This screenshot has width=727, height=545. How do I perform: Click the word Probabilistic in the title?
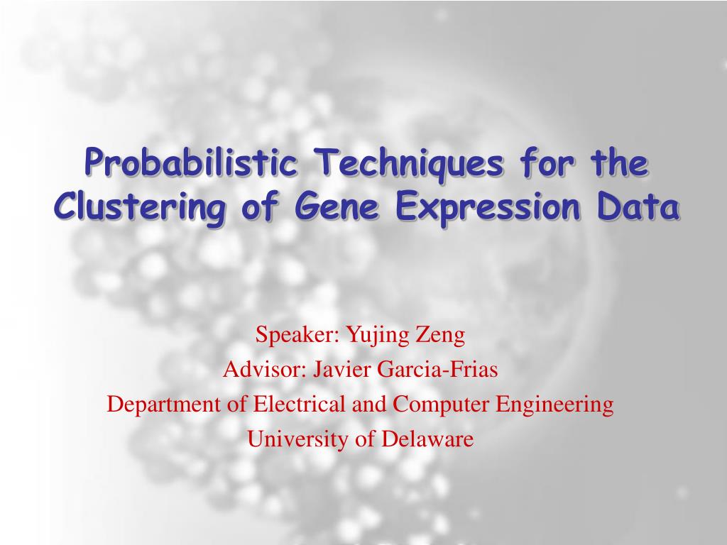coord(190,163)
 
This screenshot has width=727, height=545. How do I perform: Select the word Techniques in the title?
coord(408,164)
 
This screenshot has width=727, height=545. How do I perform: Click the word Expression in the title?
coord(488,209)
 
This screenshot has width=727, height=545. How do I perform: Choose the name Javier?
coord(342,370)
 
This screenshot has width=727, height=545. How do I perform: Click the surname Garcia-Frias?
coord(437,370)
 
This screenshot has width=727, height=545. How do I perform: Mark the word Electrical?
coord(299,404)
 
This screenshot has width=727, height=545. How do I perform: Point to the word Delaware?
coord(427,439)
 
